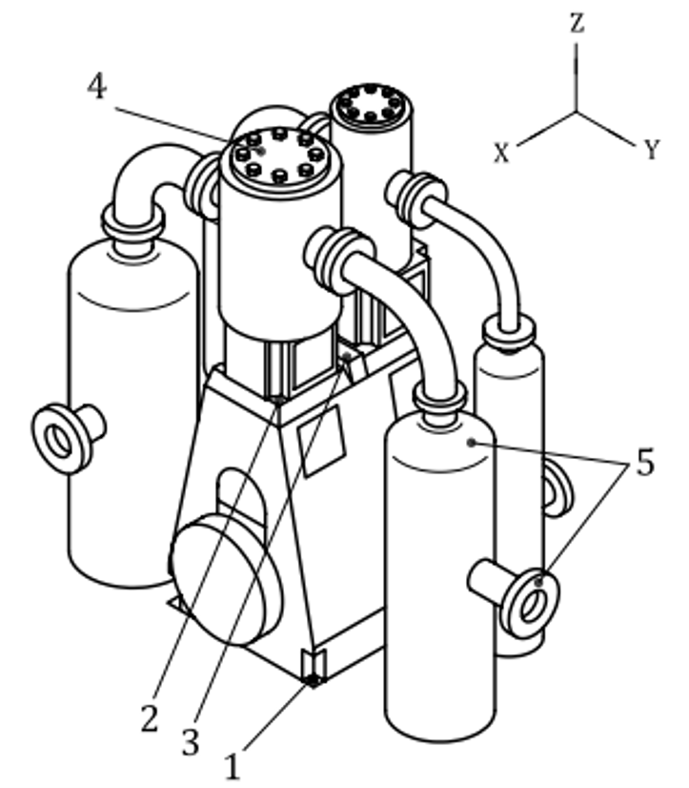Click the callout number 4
[97, 87]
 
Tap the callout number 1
[232, 766]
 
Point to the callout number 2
[150, 719]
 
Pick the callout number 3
[191, 742]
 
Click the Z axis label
[578, 23]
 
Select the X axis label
[501, 153]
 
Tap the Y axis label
[651, 150]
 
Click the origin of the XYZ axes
[576, 111]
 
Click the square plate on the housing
[321, 441]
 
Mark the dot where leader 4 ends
[260, 151]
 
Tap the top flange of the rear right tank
[509, 332]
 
